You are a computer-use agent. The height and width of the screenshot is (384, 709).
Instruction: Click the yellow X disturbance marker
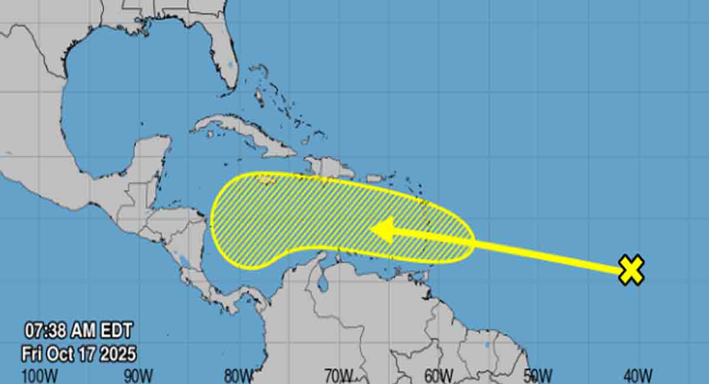[x=631, y=271]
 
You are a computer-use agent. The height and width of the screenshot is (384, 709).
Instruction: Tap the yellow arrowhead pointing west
[x=382, y=230]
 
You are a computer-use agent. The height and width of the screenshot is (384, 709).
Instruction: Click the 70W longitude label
[x=339, y=375]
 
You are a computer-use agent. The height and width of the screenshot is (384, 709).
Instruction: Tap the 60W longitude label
[x=439, y=375]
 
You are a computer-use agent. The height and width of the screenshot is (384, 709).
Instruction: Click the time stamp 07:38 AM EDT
[x=79, y=330]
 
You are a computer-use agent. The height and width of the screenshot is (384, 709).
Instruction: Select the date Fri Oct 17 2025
[x=79, y=353]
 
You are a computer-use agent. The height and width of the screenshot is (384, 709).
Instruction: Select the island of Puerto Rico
[x=373, y=178]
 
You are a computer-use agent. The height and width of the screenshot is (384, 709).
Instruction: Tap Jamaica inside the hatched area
[x=267, y=180]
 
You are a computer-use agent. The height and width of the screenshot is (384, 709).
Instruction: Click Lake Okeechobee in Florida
[x=230, y=63]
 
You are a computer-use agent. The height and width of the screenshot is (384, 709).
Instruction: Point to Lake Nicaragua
[x=184, y=259]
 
